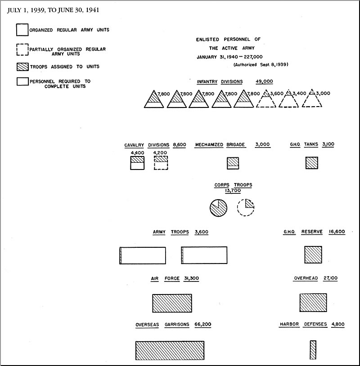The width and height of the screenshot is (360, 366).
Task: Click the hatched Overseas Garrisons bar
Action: click(x=170, y=350)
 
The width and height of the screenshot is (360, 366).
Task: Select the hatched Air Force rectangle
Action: click(x=172, y=303)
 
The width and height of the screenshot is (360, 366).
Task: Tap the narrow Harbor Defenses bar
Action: click(x=313, y=350)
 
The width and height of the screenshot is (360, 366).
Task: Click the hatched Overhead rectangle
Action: click(x=313, y=303)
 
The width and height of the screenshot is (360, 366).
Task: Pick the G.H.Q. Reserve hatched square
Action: click(x=313, y=254)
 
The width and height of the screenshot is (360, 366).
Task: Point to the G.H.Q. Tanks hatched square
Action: click(x=312, y=163)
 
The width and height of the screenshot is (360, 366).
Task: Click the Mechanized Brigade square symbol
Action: click(x=233, y=163)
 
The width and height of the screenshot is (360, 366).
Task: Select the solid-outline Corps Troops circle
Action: click(x=218, y=208)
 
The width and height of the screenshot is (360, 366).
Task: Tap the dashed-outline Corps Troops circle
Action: click(x=246, y=208)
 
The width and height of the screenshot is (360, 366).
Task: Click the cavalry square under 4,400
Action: click(x=137, y=163)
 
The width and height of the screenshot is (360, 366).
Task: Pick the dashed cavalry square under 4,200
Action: click(x=161, y=163)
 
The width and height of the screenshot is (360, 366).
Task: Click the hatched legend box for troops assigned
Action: click(x=22, y=67)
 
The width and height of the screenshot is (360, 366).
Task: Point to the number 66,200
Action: click(x=203, y=325)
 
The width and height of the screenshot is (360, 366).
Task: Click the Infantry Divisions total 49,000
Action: click(x=264, y=81)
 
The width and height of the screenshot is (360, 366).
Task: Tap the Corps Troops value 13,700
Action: click(x=233, y=191)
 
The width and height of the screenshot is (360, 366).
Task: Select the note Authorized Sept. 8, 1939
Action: click(x=261, y=65)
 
